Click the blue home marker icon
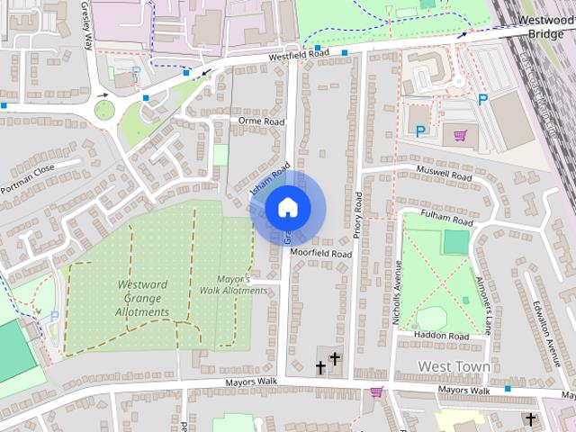(287, 208)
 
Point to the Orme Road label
(261, 121)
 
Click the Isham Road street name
(270, 178)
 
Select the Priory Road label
(357, 215)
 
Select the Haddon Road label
(441, 335)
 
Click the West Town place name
(454, 366)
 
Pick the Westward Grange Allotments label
(142, 298)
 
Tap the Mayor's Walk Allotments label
(233, 284)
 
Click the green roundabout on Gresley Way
(104, 110)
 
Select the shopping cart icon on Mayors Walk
(376, 392)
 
